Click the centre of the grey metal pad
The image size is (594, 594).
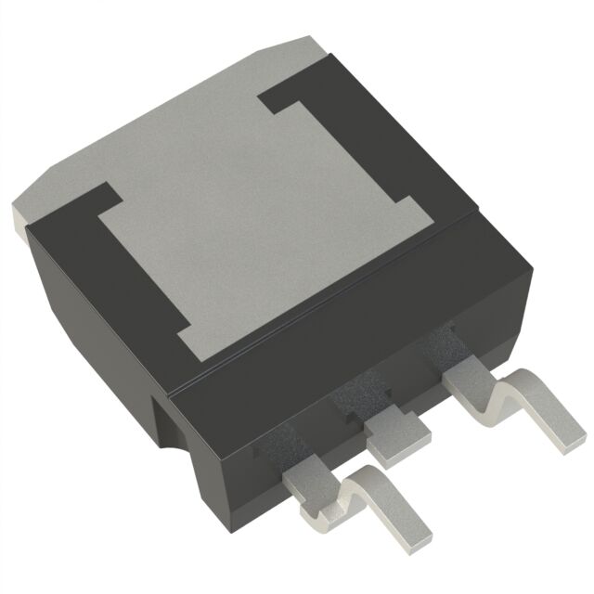click(x=269, y=223)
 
